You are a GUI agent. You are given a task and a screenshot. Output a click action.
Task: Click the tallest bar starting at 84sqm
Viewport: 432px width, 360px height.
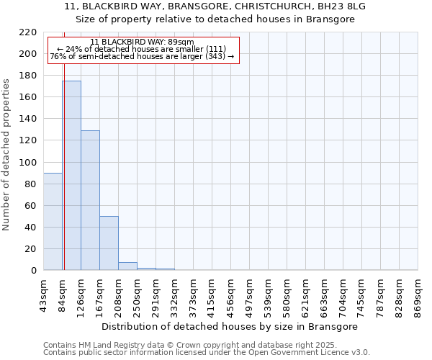(71, 176)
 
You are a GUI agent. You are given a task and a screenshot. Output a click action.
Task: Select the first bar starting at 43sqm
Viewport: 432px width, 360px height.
(53, 222)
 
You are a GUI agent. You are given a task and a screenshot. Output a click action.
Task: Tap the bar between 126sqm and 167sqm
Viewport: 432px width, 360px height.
(90, 200)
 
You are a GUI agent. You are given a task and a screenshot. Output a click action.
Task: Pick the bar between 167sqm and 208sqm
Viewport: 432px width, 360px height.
(109, 243)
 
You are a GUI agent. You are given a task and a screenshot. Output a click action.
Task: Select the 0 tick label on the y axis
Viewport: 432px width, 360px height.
(34, 271)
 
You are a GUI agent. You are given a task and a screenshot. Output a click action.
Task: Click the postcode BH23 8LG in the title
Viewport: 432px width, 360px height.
(341, 6)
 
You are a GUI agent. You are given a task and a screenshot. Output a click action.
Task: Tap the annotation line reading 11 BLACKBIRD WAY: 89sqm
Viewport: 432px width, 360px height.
(142, 42)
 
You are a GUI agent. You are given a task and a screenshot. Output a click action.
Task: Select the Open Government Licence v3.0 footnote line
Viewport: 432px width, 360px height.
(207, 353)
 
